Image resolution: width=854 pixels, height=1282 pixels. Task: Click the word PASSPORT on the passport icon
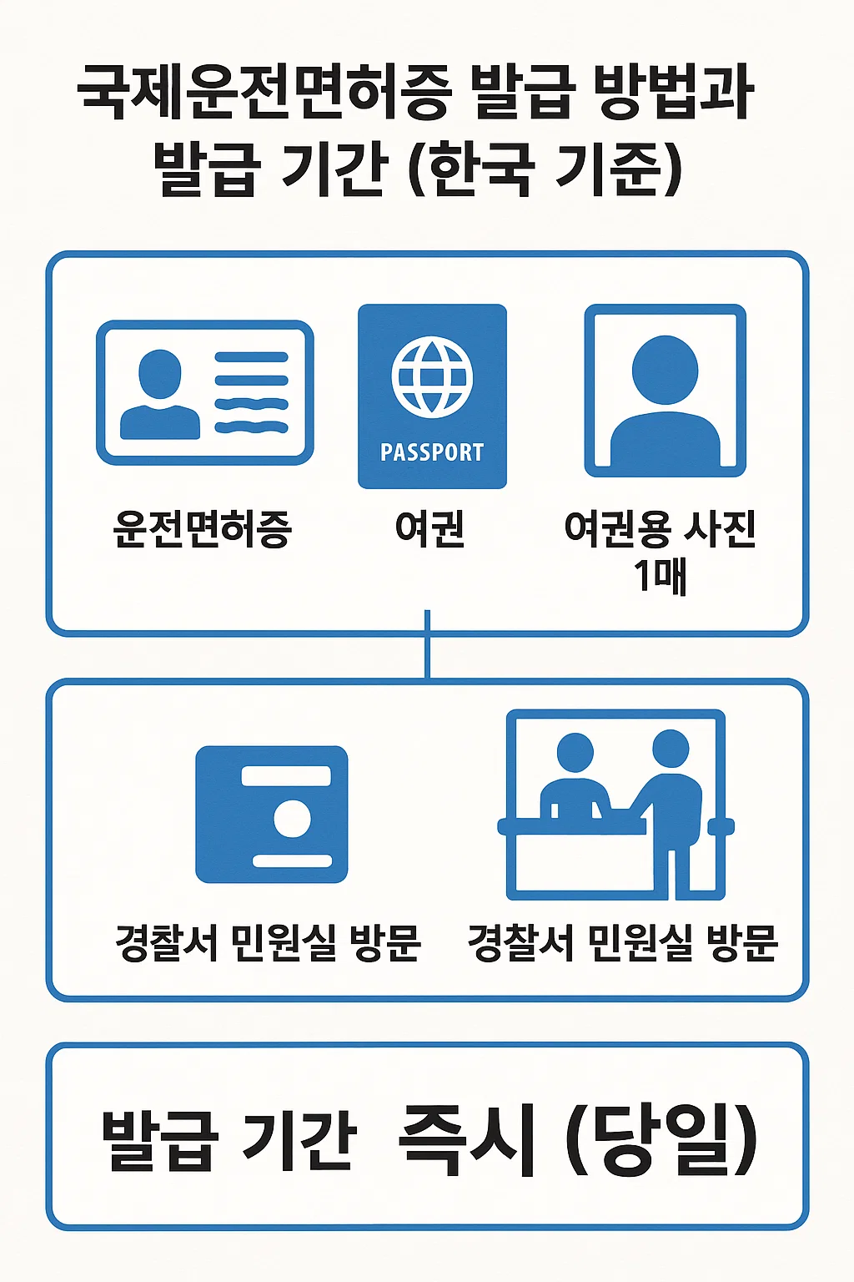(432, 452)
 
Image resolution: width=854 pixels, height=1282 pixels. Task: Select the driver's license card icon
(205, 393)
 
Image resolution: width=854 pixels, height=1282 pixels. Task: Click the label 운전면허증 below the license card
(203, 528)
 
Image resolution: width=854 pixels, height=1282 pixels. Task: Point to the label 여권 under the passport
(430, 528)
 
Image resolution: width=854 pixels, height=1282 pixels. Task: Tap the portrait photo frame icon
(665, 391)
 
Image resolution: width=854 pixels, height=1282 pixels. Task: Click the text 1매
(660, 575)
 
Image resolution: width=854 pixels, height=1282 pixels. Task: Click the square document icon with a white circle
(272, 815)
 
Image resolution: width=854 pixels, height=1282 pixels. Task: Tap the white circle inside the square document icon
(292, 819)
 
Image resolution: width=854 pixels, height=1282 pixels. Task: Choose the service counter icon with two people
(615, 805)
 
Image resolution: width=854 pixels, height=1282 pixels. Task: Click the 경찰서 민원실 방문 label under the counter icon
(623, 944)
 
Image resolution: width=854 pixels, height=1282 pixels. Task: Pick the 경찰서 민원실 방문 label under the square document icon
(269, 944)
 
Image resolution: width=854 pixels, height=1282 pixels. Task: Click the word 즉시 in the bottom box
(467, 1139)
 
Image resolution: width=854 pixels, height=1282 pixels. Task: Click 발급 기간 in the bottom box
(229, 1139)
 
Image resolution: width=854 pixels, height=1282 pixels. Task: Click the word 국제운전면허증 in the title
(265, 92)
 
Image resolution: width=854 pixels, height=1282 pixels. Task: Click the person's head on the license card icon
(159, 373)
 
